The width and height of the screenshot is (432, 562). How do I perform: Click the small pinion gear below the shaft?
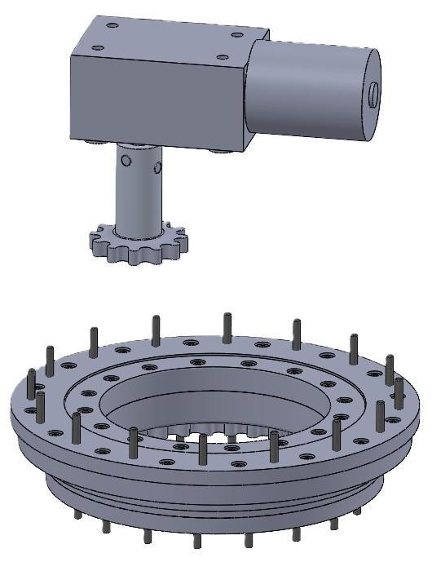click(137, 245)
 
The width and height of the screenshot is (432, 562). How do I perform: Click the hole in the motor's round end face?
click(372, 94)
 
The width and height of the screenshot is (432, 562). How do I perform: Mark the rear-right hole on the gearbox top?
click(237, 34)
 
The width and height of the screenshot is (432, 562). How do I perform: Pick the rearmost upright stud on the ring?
click(227, 326)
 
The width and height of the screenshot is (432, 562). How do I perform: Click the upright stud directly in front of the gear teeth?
click(203, 450)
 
